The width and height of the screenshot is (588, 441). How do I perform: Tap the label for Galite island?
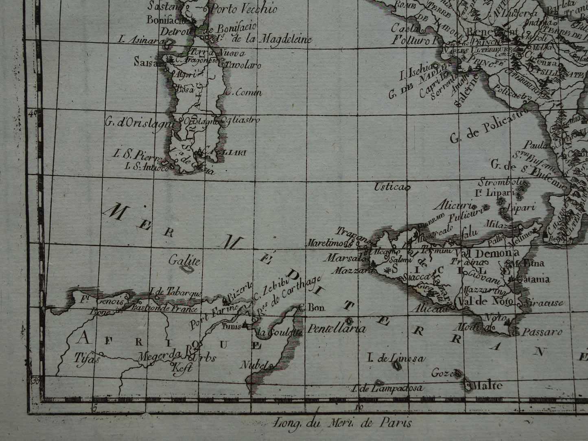point(185,261)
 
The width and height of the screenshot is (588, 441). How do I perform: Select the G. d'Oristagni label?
point(139,121)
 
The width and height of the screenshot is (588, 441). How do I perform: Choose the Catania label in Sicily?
point(533,279)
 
